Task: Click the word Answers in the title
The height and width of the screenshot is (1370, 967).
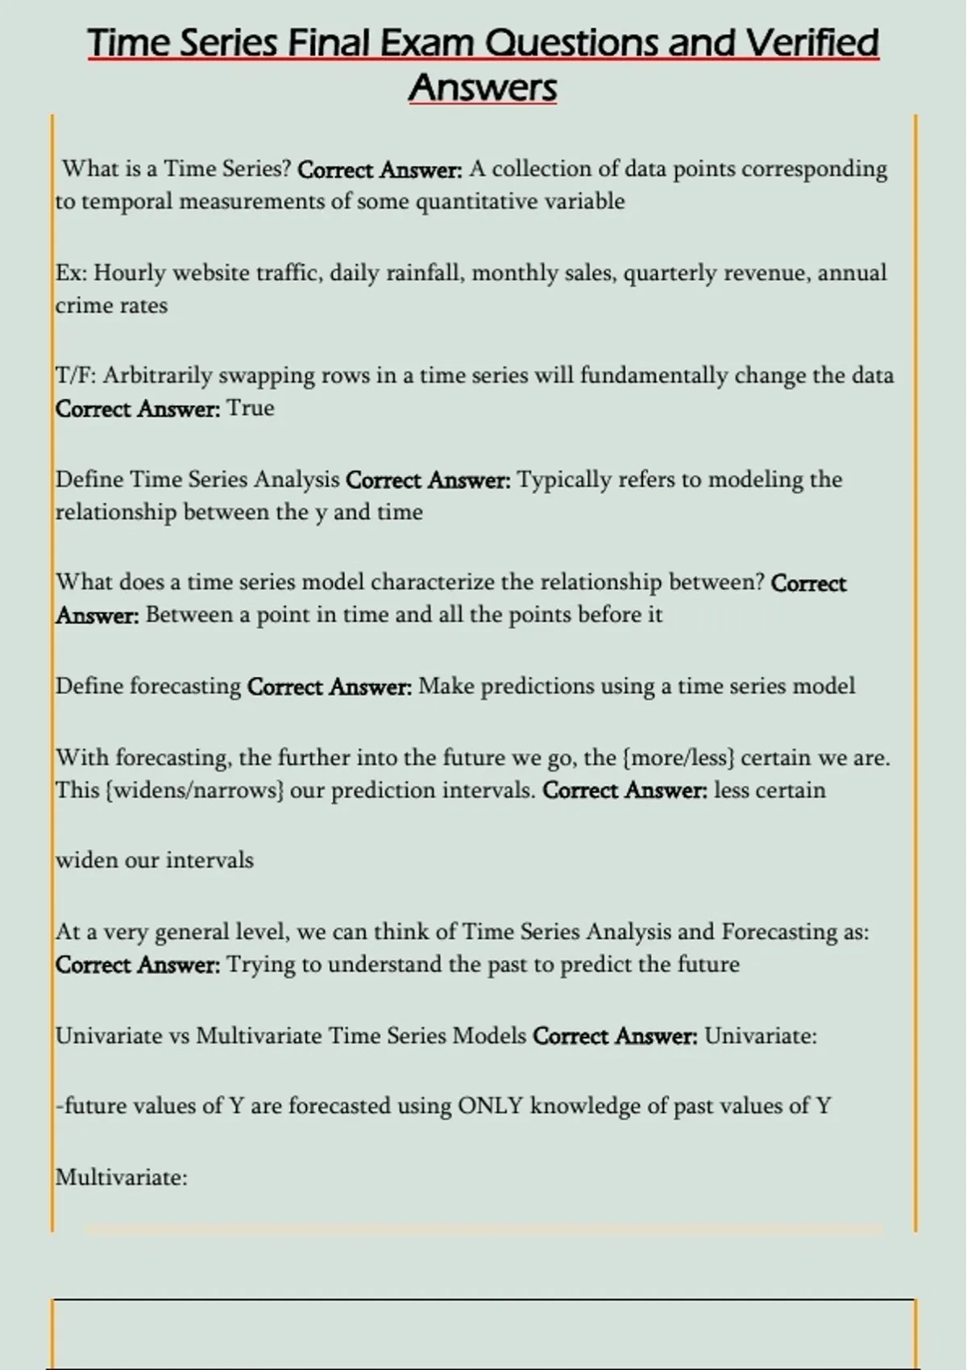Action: (483, 87)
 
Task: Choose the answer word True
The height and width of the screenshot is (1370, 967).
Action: (251, 409)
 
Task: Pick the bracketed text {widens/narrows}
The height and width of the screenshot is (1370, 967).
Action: (193, 791)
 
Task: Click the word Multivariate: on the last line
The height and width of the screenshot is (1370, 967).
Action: (121, 1177)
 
